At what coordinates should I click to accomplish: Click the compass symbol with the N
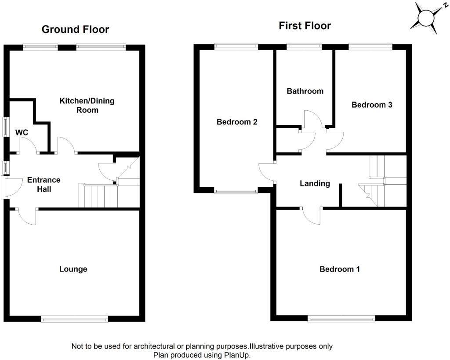(x=425, y=18)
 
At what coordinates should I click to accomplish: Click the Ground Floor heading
(x=75, y=29)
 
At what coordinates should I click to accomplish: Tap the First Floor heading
(x=305, y=25)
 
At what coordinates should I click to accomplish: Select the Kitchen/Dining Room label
(x=87, y=105)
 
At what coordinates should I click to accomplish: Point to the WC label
(x=22, y=132)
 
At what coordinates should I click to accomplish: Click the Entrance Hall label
(x=44, y=185)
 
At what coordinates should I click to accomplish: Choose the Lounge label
(x=73, y=269)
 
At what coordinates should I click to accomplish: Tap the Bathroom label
(x=305, y=91)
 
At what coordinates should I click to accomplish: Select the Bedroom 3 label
(x=372, y=105)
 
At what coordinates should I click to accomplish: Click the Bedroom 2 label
(x=237, y=122)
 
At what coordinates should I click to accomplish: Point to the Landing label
(x=315, y=183)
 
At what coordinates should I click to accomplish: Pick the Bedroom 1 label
(x=339, y=269)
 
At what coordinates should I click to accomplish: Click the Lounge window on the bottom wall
(x=74, y=319)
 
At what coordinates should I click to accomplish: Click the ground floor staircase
(x=98, y=196)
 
